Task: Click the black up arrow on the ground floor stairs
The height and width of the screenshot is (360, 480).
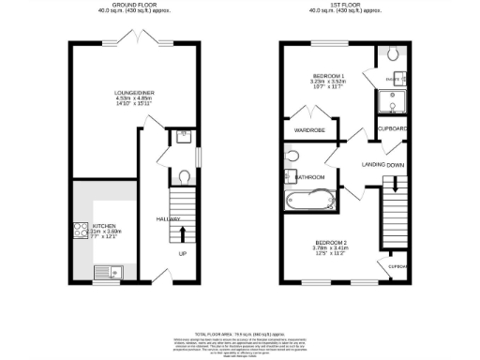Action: tap(182, 232)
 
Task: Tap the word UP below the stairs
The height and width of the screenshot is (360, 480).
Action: tap(182, 252)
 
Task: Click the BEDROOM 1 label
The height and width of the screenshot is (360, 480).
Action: tap(328, 75)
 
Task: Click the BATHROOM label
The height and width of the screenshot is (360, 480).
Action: tap(309, 176)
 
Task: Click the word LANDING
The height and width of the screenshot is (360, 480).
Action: tap(377, 165)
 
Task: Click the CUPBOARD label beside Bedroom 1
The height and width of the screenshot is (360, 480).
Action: tap(392, 127)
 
